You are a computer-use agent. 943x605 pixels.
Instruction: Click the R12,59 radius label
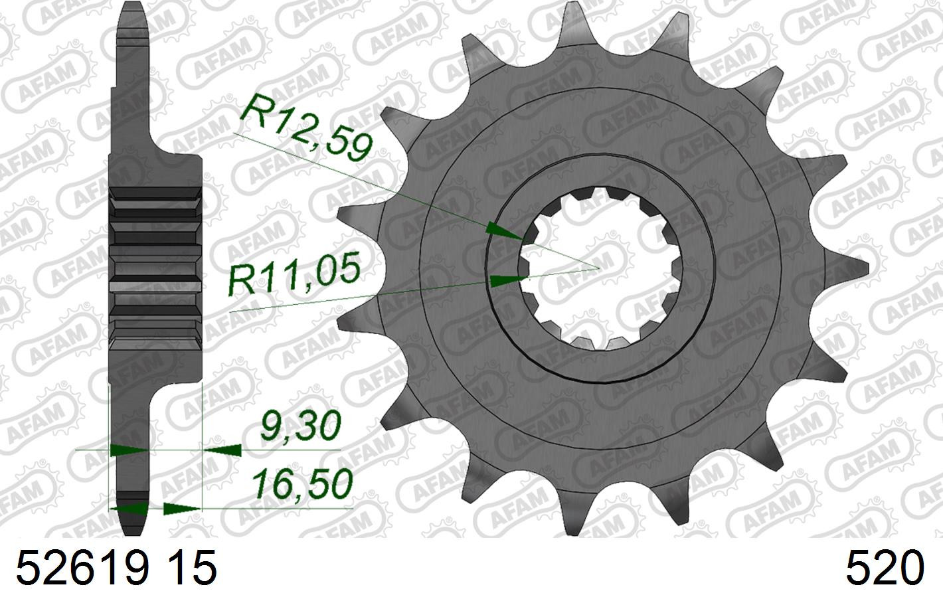(x=306, y=127)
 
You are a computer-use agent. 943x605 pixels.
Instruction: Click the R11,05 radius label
(x=295, y=273)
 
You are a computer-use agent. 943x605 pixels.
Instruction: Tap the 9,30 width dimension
(x=300, y=426)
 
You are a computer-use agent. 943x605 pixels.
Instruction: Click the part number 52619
(x=83, y=568)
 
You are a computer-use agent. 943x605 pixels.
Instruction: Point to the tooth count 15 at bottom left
(x=193, y=568)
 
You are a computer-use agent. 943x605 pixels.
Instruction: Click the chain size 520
(x=885, y=568)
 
